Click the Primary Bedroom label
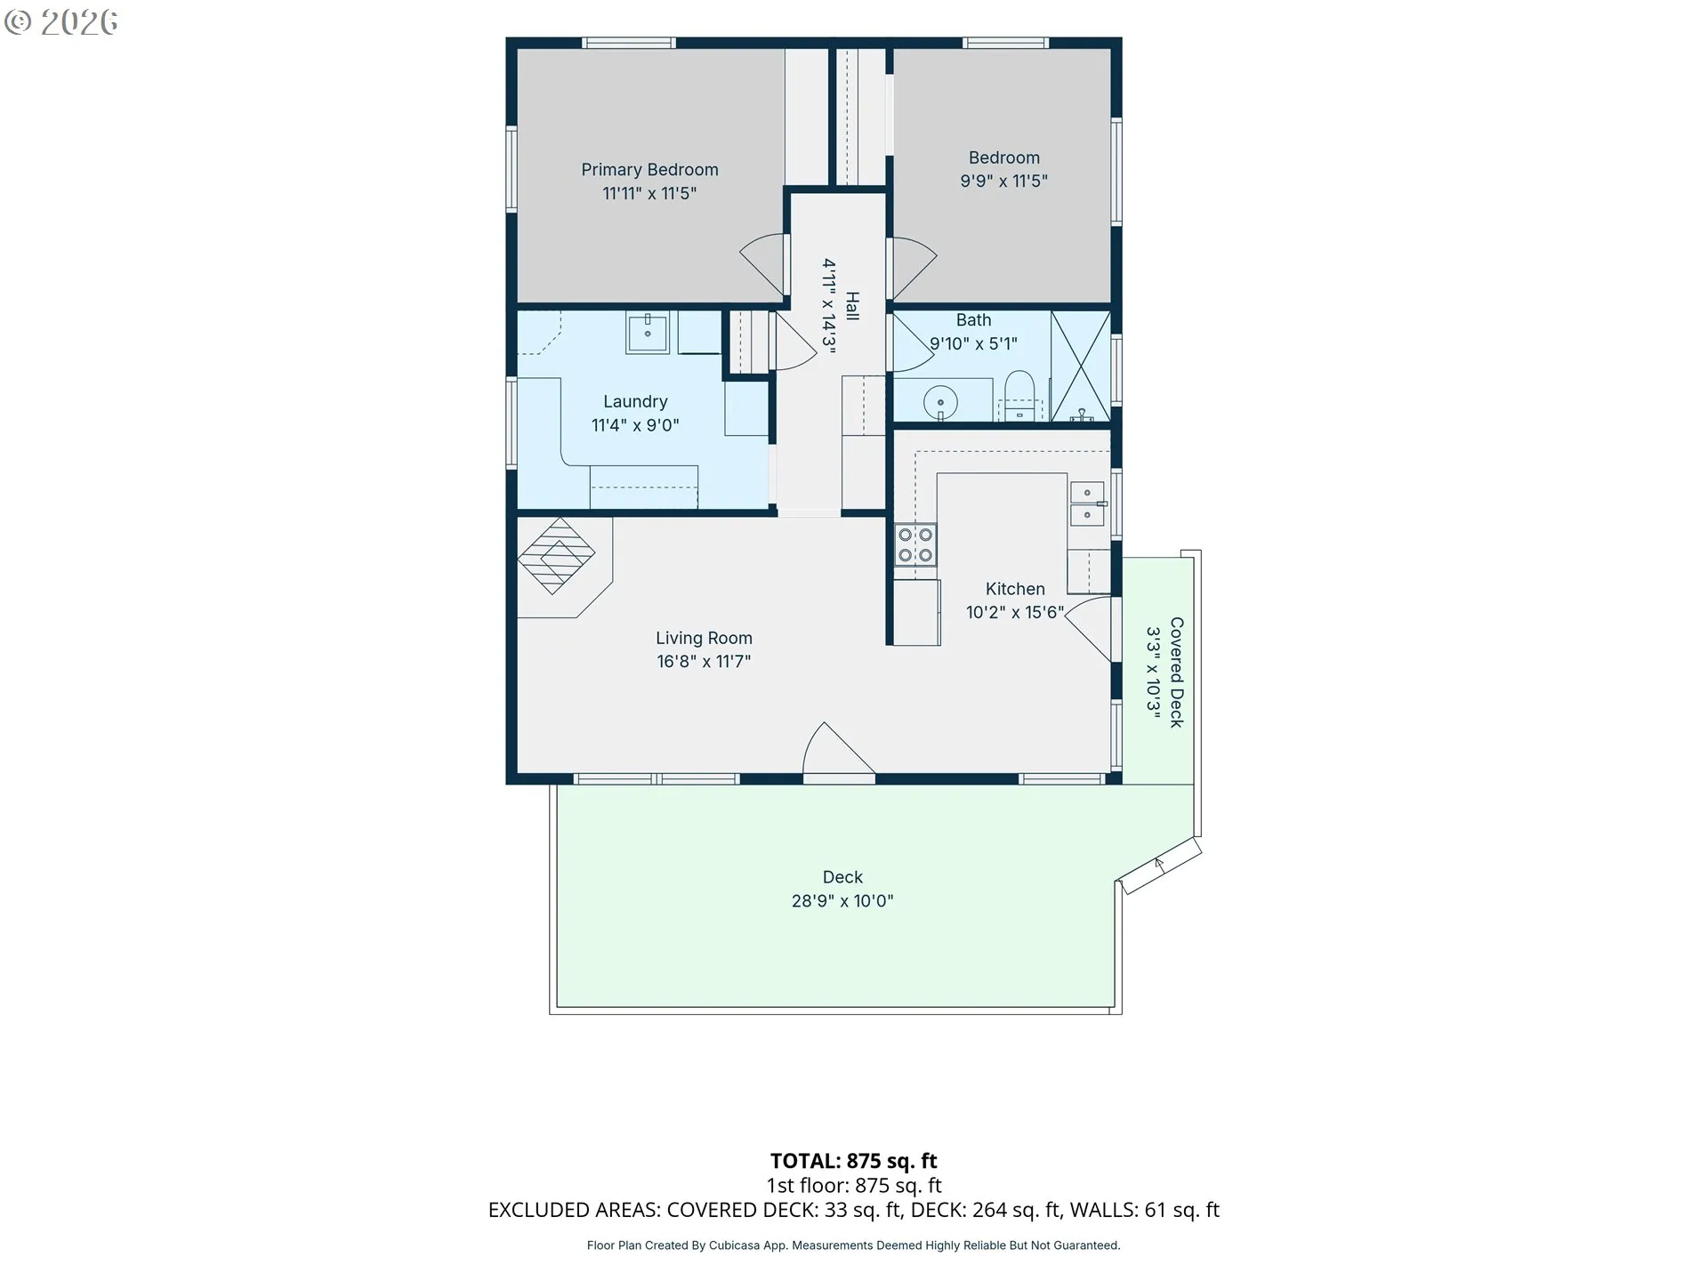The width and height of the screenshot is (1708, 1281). [649, 169]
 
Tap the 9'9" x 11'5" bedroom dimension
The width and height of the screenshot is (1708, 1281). [1003, 181]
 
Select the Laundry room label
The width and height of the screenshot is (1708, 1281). [635, 401]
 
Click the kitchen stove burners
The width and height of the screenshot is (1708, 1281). [915, 544]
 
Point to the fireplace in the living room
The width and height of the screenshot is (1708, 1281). [556, 556]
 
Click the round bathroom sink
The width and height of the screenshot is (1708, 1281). [940, 403]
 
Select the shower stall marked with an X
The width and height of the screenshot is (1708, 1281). [1081, 366]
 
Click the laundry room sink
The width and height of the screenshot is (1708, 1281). [648, 333]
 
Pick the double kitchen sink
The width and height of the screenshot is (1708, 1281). [1087, 504]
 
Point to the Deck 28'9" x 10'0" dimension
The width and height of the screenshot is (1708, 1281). [842, 901]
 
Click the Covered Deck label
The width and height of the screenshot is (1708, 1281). [1176, 673]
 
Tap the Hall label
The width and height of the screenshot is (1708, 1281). [852, 306]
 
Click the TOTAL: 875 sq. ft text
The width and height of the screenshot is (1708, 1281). [854, 1161]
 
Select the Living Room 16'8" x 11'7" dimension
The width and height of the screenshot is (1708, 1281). [704, 661]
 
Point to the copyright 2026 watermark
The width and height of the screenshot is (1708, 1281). [61, 22]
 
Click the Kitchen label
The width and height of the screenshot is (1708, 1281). [1015, 589]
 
